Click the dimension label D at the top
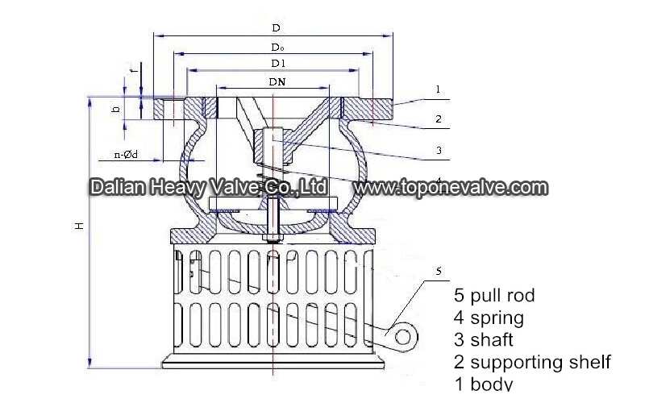[x=276, y=28]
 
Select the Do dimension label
[x=277, y=48]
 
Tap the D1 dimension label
[x=278, y=64]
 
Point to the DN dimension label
[x=277, y=82]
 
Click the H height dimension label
[x=79, y=226]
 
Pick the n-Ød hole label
[x=126, y=155]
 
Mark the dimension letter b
[x=116, y=110]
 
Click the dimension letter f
[x=132, y=71]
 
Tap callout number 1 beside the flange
[x=438, y=89]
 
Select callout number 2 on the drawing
[x=439, y=118]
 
